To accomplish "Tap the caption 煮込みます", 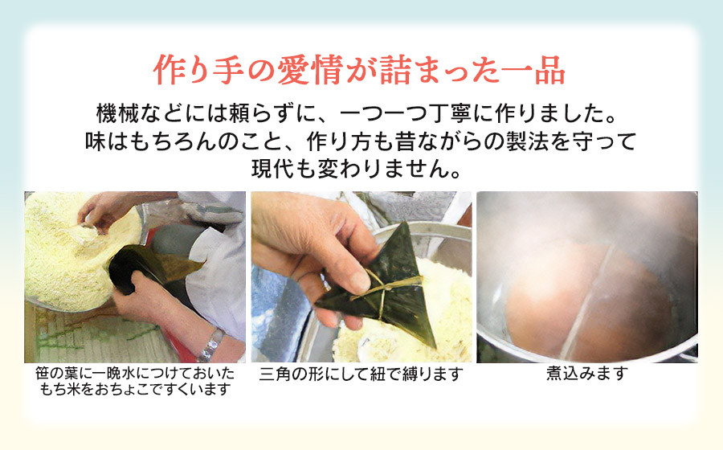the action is (x=587, y=373).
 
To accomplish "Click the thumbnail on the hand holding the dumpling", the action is (x=357, y=280).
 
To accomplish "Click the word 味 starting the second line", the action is (x=96, y=141).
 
